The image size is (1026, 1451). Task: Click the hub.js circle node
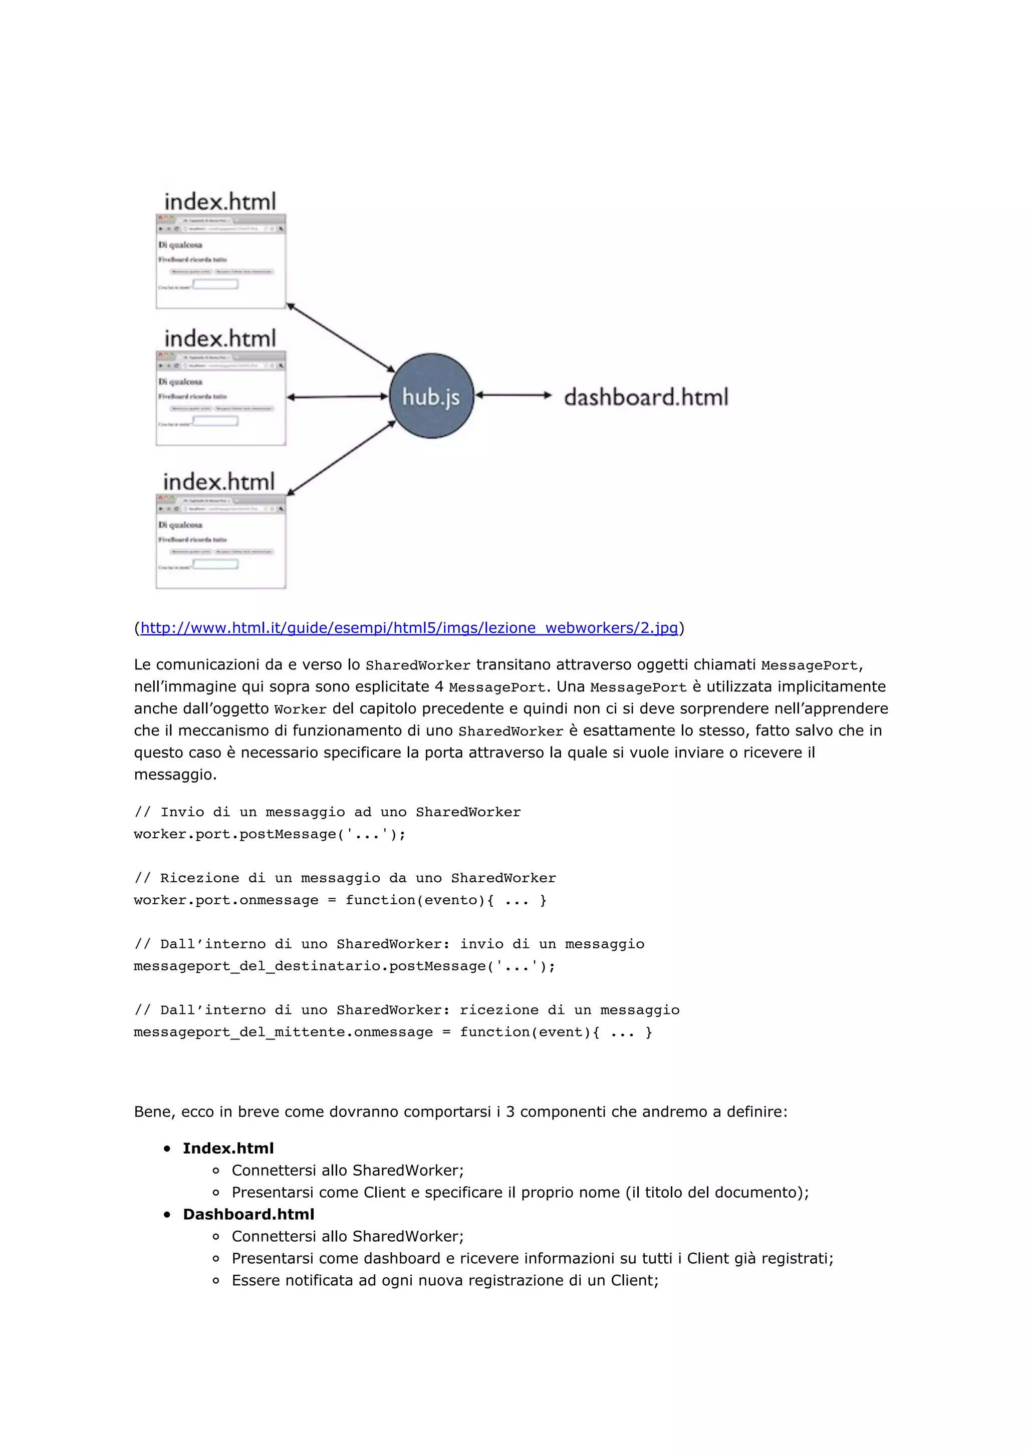[x=431, y=396]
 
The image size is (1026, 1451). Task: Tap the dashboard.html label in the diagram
[x=645, y=397]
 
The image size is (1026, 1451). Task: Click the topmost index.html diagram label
[x=220, y=202]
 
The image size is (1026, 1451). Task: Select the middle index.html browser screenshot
[x=220, y=398]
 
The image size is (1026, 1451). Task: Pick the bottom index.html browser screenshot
[x=220, y=542]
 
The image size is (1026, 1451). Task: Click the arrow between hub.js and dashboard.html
[x=514, y=395]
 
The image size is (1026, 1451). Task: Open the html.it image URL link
[x=408, y=627]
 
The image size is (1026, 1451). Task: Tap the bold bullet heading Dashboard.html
[x=248, y=1214]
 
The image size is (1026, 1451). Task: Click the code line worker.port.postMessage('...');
[x=270, y=834]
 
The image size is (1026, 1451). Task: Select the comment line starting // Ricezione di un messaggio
[x=345, y=878]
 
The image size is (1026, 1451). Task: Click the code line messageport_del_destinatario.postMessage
[x=344, y=966]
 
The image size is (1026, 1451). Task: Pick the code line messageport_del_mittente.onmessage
[x=392, y=1032]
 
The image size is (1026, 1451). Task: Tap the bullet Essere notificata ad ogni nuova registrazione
[x=444, y=1280]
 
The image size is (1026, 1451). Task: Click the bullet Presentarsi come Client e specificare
[x=520, y=1193]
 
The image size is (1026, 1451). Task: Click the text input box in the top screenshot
[x=215, y=284]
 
